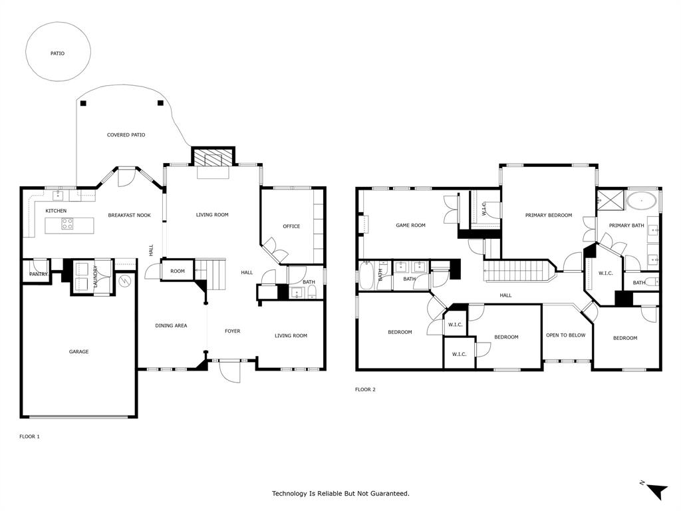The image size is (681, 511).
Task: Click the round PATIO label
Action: point(58,53)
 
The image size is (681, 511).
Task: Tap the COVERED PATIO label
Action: point(126,135)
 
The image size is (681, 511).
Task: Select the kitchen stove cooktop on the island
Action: point(67,225)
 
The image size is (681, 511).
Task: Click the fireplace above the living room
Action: point(213,157)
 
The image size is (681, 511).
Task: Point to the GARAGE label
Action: point(78,352)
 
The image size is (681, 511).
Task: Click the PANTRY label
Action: point(39,273)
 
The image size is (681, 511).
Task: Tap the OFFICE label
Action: point(291,226)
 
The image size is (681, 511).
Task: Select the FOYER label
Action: point(232,331)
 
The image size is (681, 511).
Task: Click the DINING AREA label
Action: point(171,325)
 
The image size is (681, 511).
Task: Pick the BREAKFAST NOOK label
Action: point(130,215)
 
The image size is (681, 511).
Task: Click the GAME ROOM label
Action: point(410,226)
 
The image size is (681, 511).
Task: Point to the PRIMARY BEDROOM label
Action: point(548,215)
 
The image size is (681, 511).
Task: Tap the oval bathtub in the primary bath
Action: point(642,199)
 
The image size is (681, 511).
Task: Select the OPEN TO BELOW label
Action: point(565,335)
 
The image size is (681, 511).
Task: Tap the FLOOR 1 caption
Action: point(29,436)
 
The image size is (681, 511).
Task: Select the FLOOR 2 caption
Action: point(365,389)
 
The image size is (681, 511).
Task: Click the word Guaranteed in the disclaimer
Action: point(388,494)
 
